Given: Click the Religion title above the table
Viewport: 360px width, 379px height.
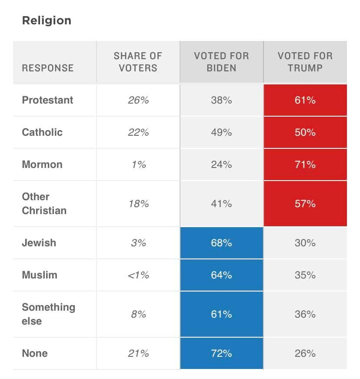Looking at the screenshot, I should [47, 20].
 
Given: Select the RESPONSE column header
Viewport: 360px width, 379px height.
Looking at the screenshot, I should [48, 68].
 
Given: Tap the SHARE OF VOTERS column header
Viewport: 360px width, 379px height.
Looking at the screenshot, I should [138, 62].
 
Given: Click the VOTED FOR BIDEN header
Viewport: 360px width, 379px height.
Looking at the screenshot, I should [221, 62].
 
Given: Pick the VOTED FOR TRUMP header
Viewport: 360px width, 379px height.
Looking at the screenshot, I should [305, 62].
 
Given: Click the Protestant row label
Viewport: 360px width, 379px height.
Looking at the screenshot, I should [48, 100].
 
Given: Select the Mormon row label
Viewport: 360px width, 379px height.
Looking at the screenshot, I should [42, 164].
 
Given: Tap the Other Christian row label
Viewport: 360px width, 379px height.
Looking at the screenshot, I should [44, 204].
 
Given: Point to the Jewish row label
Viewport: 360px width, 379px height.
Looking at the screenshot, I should [39, 242].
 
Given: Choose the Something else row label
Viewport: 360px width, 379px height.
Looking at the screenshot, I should [48, 314].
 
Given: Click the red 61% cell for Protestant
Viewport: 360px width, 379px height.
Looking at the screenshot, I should [305, 100].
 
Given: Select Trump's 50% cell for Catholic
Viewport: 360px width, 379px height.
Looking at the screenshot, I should [305, 132].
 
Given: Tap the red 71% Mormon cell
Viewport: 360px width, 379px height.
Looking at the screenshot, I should [305, 164].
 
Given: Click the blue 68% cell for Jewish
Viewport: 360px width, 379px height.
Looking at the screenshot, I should [221, 242].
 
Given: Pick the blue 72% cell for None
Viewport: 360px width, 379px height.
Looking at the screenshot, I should [221, 353].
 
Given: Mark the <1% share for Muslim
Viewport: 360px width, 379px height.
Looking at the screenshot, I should [138, 275].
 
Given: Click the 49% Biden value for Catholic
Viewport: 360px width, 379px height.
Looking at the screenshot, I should [221, 132].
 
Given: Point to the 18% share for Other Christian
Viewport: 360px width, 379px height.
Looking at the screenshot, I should [138, 204].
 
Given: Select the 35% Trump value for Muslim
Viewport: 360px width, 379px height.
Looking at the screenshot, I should [305, 275].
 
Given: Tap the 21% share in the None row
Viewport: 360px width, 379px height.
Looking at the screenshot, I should [138, 353].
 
